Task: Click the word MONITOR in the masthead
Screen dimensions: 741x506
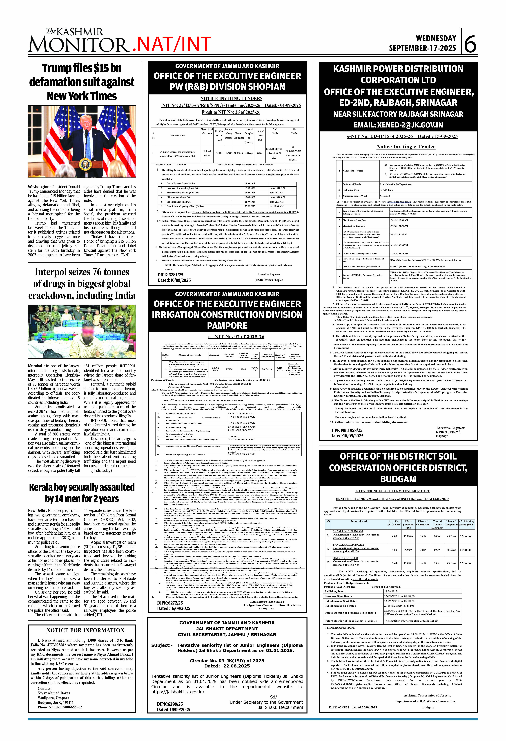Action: click(x=78, y=45)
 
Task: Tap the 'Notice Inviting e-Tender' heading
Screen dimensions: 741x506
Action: click(x=406, y=147)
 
